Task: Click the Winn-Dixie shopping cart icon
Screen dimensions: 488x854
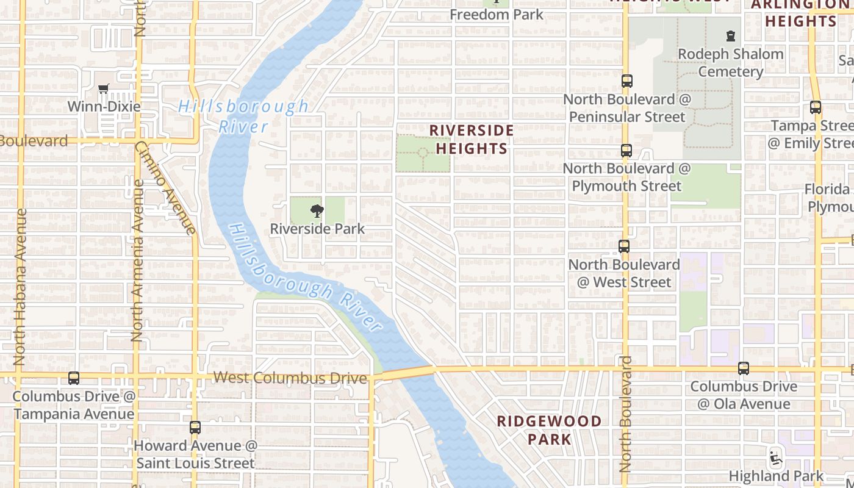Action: pyautogui.click(x=104, y=89)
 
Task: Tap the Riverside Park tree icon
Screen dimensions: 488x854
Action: pyautogui.click(x=317, y=212)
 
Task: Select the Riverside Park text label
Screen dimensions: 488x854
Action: pyautogui.click(x=317, y=229)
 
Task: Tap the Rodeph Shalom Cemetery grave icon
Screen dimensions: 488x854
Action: pyautogui.click(x=730, y=37)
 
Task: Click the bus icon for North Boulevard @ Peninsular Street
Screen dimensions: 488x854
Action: pyautogui.click(x=626, y=81)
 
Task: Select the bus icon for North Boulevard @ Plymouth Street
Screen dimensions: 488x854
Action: pyautogui.click(x=626, y=151)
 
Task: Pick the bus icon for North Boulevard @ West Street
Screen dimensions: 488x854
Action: pyautogui.click(x=624, y=246)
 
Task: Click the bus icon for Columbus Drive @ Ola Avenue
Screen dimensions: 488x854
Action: pyautogui.click(x=743, y=368)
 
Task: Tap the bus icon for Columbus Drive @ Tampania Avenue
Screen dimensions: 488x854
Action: pyautogui.click(x=74, y=378)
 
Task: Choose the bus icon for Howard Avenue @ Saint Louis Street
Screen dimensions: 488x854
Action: pyautogui.click(x=195, y=428)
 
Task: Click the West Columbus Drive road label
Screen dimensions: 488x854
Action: pyautogui.click(x=290, y=378)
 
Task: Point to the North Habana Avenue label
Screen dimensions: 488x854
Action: pyautogui.click(x=20, y=287)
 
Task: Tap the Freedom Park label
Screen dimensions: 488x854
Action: pyautogui.click(x=497, y=14)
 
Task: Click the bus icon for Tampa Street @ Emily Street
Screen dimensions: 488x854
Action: pyautogui.click(x=816, y=107)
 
